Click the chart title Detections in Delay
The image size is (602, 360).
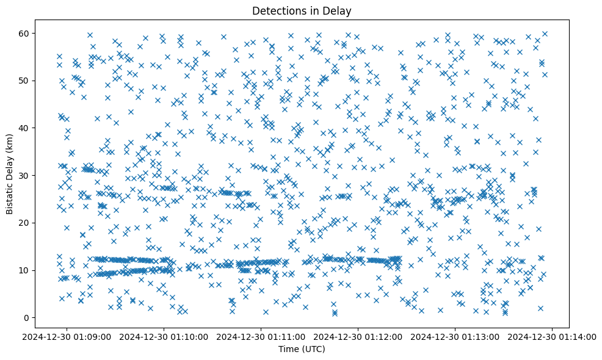(302, 11)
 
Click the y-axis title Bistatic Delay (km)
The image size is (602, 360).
(10, 175)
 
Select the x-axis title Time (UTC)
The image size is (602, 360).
(302, 350)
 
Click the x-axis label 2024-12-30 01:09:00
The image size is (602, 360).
(67, 336)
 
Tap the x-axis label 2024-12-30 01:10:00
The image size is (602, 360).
(164, 336)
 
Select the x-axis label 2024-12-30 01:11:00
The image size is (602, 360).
(262, 336)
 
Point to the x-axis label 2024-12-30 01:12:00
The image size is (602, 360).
(359, 336)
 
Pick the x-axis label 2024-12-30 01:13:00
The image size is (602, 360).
(456, 336)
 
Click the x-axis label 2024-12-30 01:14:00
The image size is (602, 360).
(553, 336)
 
